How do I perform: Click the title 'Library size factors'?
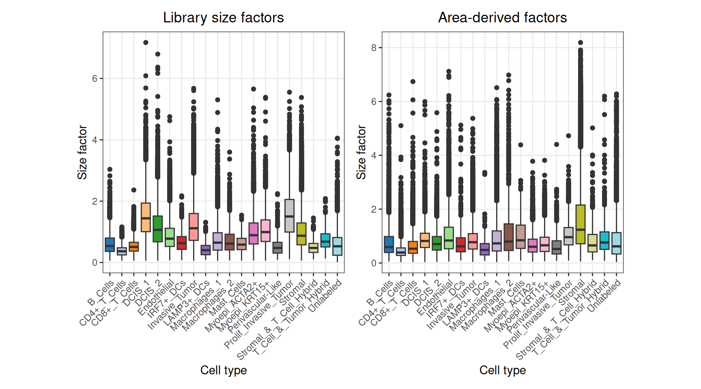coord(223,18)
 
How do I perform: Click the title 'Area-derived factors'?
coord(502,18)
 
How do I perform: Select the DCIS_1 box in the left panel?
coord(146,217)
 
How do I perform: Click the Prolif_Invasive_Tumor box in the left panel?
coord(289,216)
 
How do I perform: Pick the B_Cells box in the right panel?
coord(389,244)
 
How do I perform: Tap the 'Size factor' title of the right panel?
coord(361,152)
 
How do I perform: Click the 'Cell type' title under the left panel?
coord(223,370)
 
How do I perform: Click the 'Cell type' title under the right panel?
coord(502,370)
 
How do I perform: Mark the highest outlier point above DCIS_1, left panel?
coord(146,43)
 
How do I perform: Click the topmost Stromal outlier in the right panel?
coord(581,43)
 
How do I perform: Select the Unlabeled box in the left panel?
coord(337,246)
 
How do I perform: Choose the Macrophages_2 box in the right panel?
coord(508,237)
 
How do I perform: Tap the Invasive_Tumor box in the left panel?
coord(194,227)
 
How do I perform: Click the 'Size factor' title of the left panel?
coord(82,152)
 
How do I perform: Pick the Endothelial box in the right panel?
coord(449,238)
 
